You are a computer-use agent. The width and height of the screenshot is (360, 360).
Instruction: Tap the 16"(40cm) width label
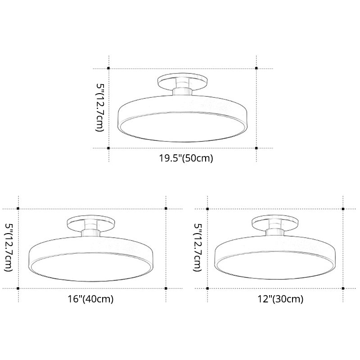coord(90,298)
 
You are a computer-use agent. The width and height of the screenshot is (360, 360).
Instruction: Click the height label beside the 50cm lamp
coord(99,107)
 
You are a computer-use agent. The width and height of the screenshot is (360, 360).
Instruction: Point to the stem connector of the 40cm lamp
coord(91,231)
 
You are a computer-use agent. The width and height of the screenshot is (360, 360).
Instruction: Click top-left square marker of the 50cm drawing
coord(108,68)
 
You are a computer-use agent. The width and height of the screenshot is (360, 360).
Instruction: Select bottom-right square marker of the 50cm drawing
coord(256,148)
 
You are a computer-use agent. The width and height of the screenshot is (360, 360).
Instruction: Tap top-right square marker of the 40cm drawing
coord(166,209)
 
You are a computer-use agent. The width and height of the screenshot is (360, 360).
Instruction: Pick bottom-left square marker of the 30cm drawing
coord(207,288)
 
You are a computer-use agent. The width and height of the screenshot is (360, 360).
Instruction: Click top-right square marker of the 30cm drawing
coord(343,209)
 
